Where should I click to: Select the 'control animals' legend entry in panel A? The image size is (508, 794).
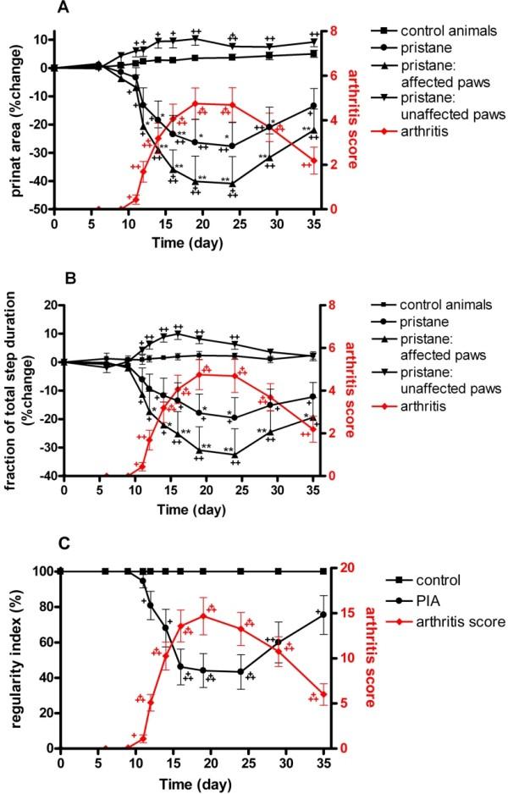pyautogui.click(x=423, y=18)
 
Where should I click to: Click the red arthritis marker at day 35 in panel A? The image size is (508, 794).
pyautogui.click(x=314, y=160)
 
